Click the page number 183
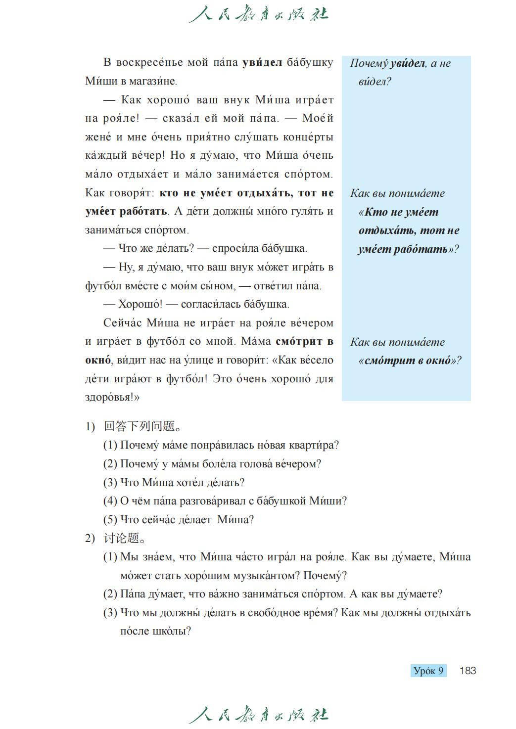pos(468,671)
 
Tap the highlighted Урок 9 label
pos(428,671)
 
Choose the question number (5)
pos(110,520)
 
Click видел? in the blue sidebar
pos(375,82)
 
